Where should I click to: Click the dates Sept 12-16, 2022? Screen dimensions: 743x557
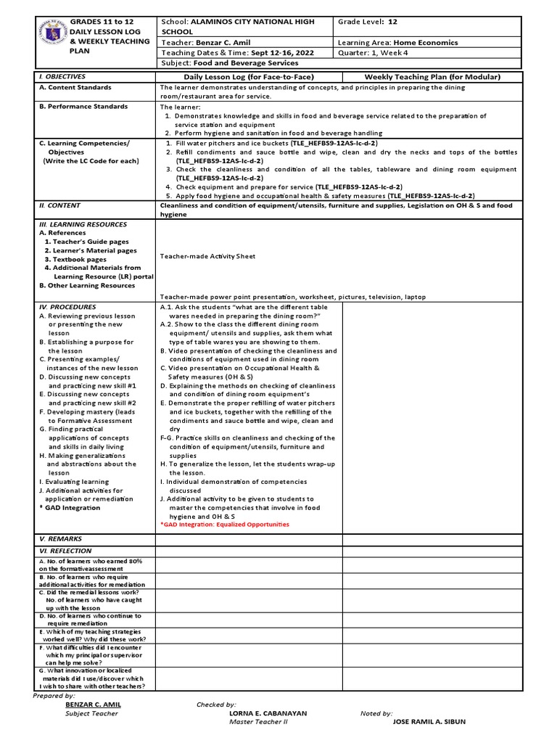click(276, 53)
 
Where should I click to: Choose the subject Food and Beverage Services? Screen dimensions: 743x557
click(247, 63)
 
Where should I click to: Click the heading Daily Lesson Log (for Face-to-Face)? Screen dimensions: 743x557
click(248, 77)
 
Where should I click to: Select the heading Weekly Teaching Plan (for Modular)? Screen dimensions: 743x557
click(433, 77)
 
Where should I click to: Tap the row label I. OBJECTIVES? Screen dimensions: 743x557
click(62, 76)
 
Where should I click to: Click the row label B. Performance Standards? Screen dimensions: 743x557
click(83, 106)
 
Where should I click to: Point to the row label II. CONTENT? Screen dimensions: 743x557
click(59, 205)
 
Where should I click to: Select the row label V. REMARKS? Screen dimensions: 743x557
click(60, 539)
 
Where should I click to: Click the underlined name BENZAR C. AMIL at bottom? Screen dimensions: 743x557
click(93, 705)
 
